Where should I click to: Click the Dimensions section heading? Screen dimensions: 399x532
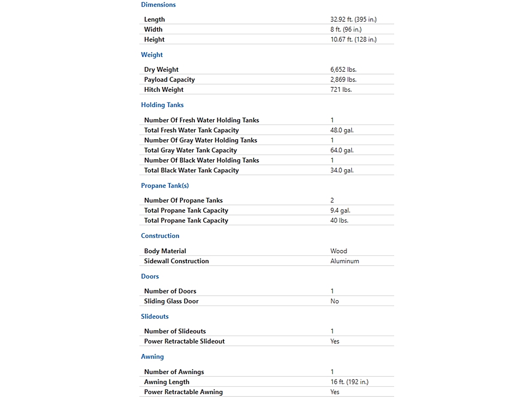[158, 5]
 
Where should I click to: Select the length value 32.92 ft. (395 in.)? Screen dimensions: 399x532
[353, 20]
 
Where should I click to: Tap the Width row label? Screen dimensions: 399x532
[153, 29]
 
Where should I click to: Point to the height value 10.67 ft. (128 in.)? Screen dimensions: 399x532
[353, 39]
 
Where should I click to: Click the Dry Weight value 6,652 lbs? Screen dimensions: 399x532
[343, 70]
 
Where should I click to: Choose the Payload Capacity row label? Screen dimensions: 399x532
[169, 80]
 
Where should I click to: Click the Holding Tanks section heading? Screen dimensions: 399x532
[162, 105]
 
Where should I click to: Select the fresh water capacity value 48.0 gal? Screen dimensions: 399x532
[342, 130]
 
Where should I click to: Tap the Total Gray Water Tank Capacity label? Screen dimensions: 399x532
[191, 150]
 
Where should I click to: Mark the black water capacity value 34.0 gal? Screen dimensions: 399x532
[342, 170]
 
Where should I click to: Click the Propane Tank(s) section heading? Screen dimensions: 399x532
[165, 186]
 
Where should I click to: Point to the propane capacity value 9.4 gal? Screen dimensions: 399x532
[340, 211]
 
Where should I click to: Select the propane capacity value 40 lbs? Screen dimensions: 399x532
[339, 220]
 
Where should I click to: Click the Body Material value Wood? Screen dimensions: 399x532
[339, 251]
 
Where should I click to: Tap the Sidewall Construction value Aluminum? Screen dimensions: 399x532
[344, 261]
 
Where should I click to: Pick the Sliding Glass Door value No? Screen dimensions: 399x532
[335, 301]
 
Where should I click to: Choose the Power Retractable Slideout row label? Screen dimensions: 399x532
[184, 341]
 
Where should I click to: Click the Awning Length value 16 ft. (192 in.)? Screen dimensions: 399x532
[349, 382]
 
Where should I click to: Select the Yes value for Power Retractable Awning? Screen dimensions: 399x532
[335, 392]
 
